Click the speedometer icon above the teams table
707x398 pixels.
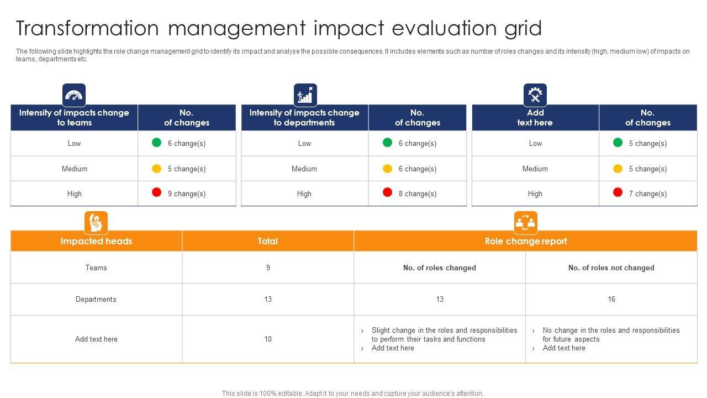[74, 95]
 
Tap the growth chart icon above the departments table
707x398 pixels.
[305, 95]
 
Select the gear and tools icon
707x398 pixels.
[535, 95]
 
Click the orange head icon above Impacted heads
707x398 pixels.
[96, 223]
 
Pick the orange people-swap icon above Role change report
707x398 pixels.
[525, 223]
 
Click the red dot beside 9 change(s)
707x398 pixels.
[156, 192]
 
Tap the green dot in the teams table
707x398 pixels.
[156, 143]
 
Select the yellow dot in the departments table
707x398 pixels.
[387, 168]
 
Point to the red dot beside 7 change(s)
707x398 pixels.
[618, 192]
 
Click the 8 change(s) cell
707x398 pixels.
[417, 193]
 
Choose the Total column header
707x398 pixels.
[268, 241]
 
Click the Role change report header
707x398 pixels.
[525, 241]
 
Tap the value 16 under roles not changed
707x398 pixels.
[611, 299]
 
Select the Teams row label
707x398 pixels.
[96, 268]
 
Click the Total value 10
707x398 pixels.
[268, 339]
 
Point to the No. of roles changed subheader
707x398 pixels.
[439, 268]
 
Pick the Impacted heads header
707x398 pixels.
[96, 241]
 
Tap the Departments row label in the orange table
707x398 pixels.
[96, 299]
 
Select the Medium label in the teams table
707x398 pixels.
[74, 169]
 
